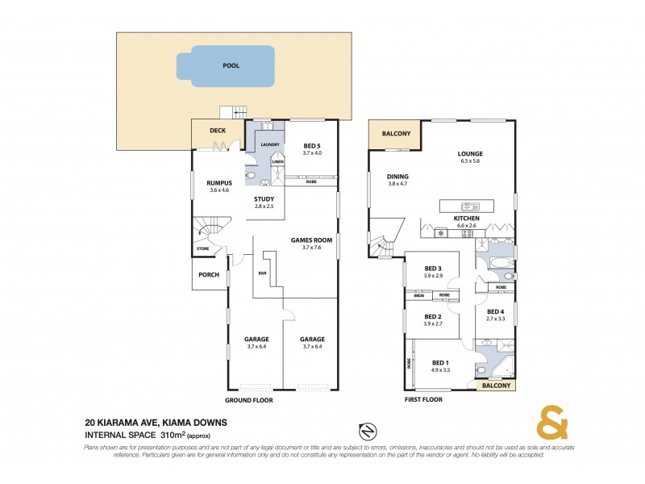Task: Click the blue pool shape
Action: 231,67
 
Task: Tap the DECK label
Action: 218,131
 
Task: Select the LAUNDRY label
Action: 270,144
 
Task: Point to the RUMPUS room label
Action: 219,183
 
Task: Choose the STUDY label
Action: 264,199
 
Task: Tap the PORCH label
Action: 209,274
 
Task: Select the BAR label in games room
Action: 261,273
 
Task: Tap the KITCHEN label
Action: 467,219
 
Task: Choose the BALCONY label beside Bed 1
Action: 496,386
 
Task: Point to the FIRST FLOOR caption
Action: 425,399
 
